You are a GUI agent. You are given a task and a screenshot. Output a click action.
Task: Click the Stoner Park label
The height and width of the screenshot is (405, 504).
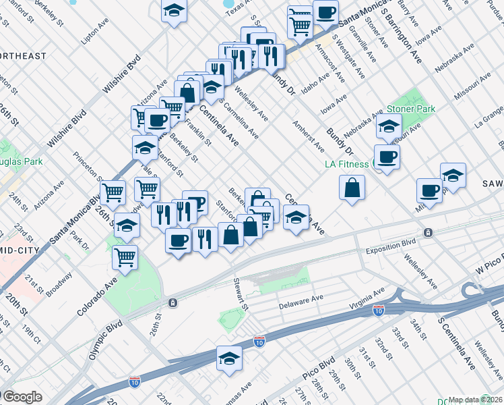[411, 109]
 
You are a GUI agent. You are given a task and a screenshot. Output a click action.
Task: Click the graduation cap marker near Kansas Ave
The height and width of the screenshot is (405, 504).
[229, 358]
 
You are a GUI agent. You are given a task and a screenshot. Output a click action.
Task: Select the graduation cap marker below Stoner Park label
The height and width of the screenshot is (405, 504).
[388, 126]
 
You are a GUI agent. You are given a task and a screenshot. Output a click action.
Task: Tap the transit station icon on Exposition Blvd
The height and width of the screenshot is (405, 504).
[427, 233]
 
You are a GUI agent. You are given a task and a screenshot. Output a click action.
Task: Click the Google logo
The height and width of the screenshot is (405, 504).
[22, 397]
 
